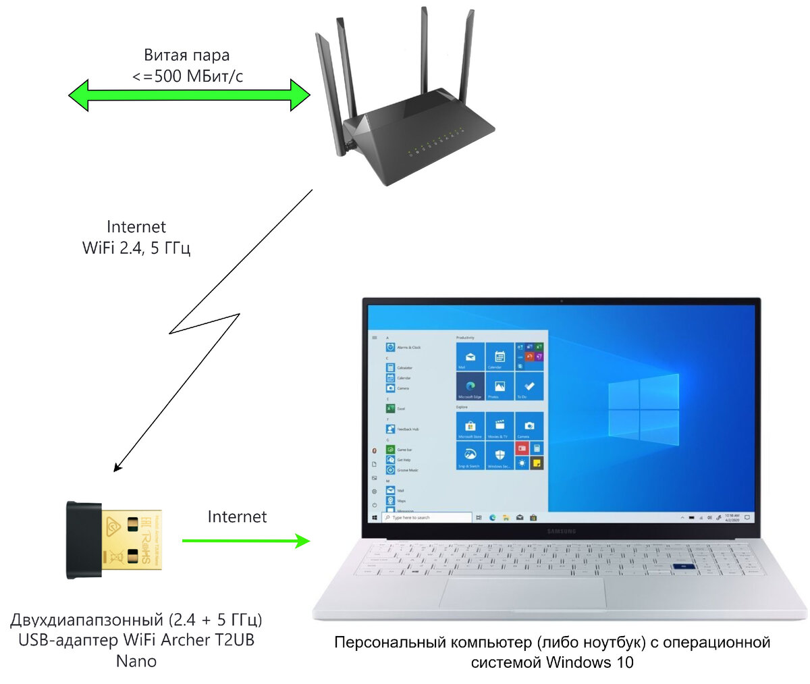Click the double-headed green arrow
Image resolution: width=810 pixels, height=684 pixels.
click(x=189, y=95)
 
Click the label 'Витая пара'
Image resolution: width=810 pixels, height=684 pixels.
click(x=187, y=55)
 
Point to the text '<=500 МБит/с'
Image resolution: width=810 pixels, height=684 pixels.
click(x=188, y=76)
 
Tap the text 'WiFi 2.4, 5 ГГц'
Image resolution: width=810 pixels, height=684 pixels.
click(x=136, y=248)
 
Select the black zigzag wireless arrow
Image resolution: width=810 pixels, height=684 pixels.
click(x=202, y=324)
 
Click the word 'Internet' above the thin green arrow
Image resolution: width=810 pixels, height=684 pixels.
click(x=237, y=517)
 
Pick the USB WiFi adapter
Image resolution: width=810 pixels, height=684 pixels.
click(x=113, y=540)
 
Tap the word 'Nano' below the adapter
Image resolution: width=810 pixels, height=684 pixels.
click(x=136, y=660)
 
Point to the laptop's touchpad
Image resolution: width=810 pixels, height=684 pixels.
click(x=522, y=592)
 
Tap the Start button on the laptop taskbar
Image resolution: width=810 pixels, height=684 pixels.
click(x=375, y=517)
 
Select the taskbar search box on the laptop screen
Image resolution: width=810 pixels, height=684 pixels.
click(x=427, y=517)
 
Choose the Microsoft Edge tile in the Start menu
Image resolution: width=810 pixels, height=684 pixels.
click(x=470, y=387)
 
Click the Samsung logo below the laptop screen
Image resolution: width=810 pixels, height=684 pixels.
click(x=561, y=531)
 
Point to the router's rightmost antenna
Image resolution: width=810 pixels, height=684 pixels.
click(x=466, y=61)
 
